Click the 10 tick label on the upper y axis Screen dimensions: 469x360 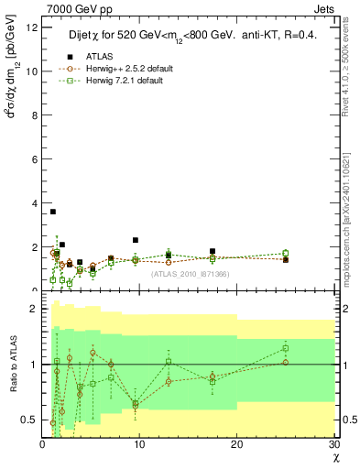click(x=31, y=71)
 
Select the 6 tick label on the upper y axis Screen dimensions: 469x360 click(x=34, y=159)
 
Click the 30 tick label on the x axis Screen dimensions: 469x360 click(x=334, y=444)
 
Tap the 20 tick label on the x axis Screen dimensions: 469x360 click(x=237, y=444)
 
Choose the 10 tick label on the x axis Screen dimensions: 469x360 click(x=139, y=444)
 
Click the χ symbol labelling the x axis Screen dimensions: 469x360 click(x=334, y=456)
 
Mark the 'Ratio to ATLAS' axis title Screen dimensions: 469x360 click(x=12, y=366)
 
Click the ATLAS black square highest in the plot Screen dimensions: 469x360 click(x=53, y=212)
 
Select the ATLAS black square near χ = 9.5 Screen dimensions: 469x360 click(x=136, y=240)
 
